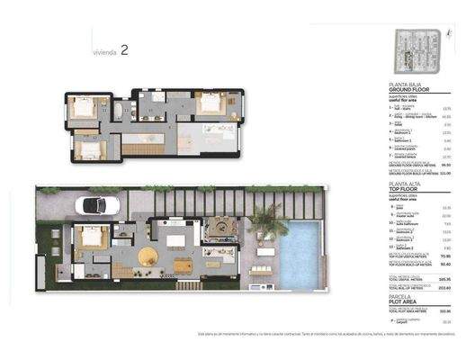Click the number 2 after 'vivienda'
123,51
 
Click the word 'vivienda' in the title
104,53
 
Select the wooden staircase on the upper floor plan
139,148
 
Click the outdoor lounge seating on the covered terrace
220,231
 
